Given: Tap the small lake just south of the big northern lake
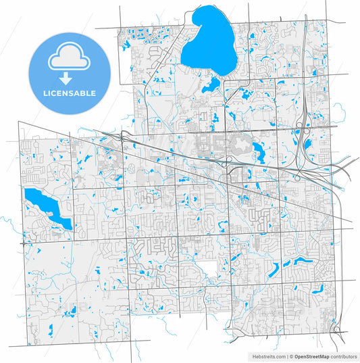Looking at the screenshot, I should point(212,84).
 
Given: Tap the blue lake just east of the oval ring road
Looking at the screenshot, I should point(259,150).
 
